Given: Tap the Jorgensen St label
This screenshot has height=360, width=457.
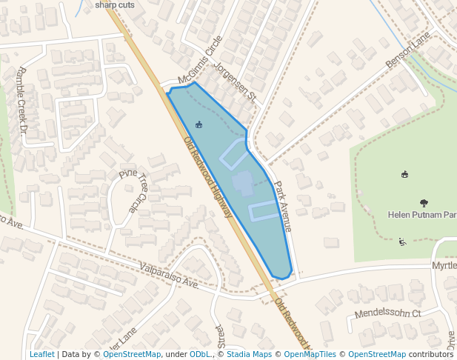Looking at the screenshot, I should (x=234, y=82).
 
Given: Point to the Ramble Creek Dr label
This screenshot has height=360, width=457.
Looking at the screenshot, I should (x=22, y=101).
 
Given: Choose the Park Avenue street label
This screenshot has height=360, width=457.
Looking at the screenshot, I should (x=283, y=207).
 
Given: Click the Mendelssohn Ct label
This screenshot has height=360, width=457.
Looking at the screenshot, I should (x=387, y=313).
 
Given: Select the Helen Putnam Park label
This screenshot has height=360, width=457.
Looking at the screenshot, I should (x=421, y=215).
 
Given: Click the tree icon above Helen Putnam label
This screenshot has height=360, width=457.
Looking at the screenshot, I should (x=424, y=202).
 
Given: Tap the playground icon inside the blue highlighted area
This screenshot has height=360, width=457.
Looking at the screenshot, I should (x=198, y=124).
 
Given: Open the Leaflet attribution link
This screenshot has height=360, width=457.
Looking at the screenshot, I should (x=41, y=354).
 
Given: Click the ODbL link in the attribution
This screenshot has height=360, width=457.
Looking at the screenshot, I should (x=200, y=354).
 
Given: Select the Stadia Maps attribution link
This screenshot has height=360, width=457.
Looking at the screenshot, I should (x=249, y=354).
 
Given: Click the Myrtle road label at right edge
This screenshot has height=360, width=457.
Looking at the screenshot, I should (x=444, y=265).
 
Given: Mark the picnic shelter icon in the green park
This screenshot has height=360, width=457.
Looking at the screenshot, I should (x=405, y=175).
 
